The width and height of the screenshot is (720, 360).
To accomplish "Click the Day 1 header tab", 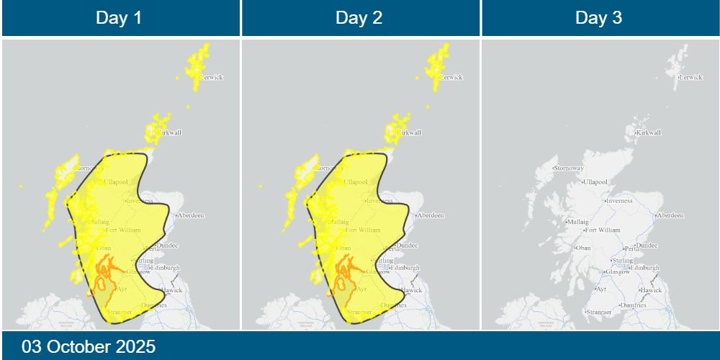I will [x=120, y=18].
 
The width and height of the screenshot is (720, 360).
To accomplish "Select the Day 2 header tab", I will [x=359, y=18].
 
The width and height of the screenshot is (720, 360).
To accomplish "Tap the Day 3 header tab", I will [x=599, y=18].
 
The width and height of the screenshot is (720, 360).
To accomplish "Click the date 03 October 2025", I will [x=89, y=346].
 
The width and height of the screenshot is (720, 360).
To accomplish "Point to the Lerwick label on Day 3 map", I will [x=690, y=77].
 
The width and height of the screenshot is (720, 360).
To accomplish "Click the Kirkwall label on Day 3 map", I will [x=649, y=132].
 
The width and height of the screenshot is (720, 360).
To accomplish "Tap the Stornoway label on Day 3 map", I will [x=570, y=168].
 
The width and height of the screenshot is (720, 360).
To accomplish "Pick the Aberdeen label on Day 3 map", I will [x=671, y=215].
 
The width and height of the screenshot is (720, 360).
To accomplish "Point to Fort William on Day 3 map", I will [x=603, y=230].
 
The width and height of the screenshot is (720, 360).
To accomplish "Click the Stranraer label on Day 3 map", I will [x=599, y=312].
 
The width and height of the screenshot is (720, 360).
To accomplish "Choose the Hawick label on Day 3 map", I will [x=651, y=290].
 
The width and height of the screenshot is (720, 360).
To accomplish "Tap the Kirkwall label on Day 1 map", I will [x=169, y=132].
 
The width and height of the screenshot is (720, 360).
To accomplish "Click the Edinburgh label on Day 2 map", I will [x=405, y=268].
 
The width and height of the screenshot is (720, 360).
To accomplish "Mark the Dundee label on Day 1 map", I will [x=168, y=246].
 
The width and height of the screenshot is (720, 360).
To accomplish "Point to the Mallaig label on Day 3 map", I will [x=577, y=222].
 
